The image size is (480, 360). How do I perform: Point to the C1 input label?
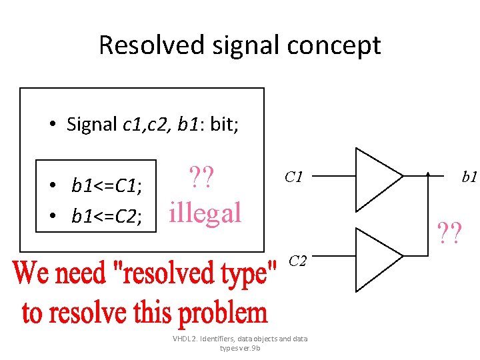294,177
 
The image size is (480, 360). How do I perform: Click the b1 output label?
470,177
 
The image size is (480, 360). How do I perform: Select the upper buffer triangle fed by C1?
377,177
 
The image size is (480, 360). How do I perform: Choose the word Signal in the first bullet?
93,124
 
